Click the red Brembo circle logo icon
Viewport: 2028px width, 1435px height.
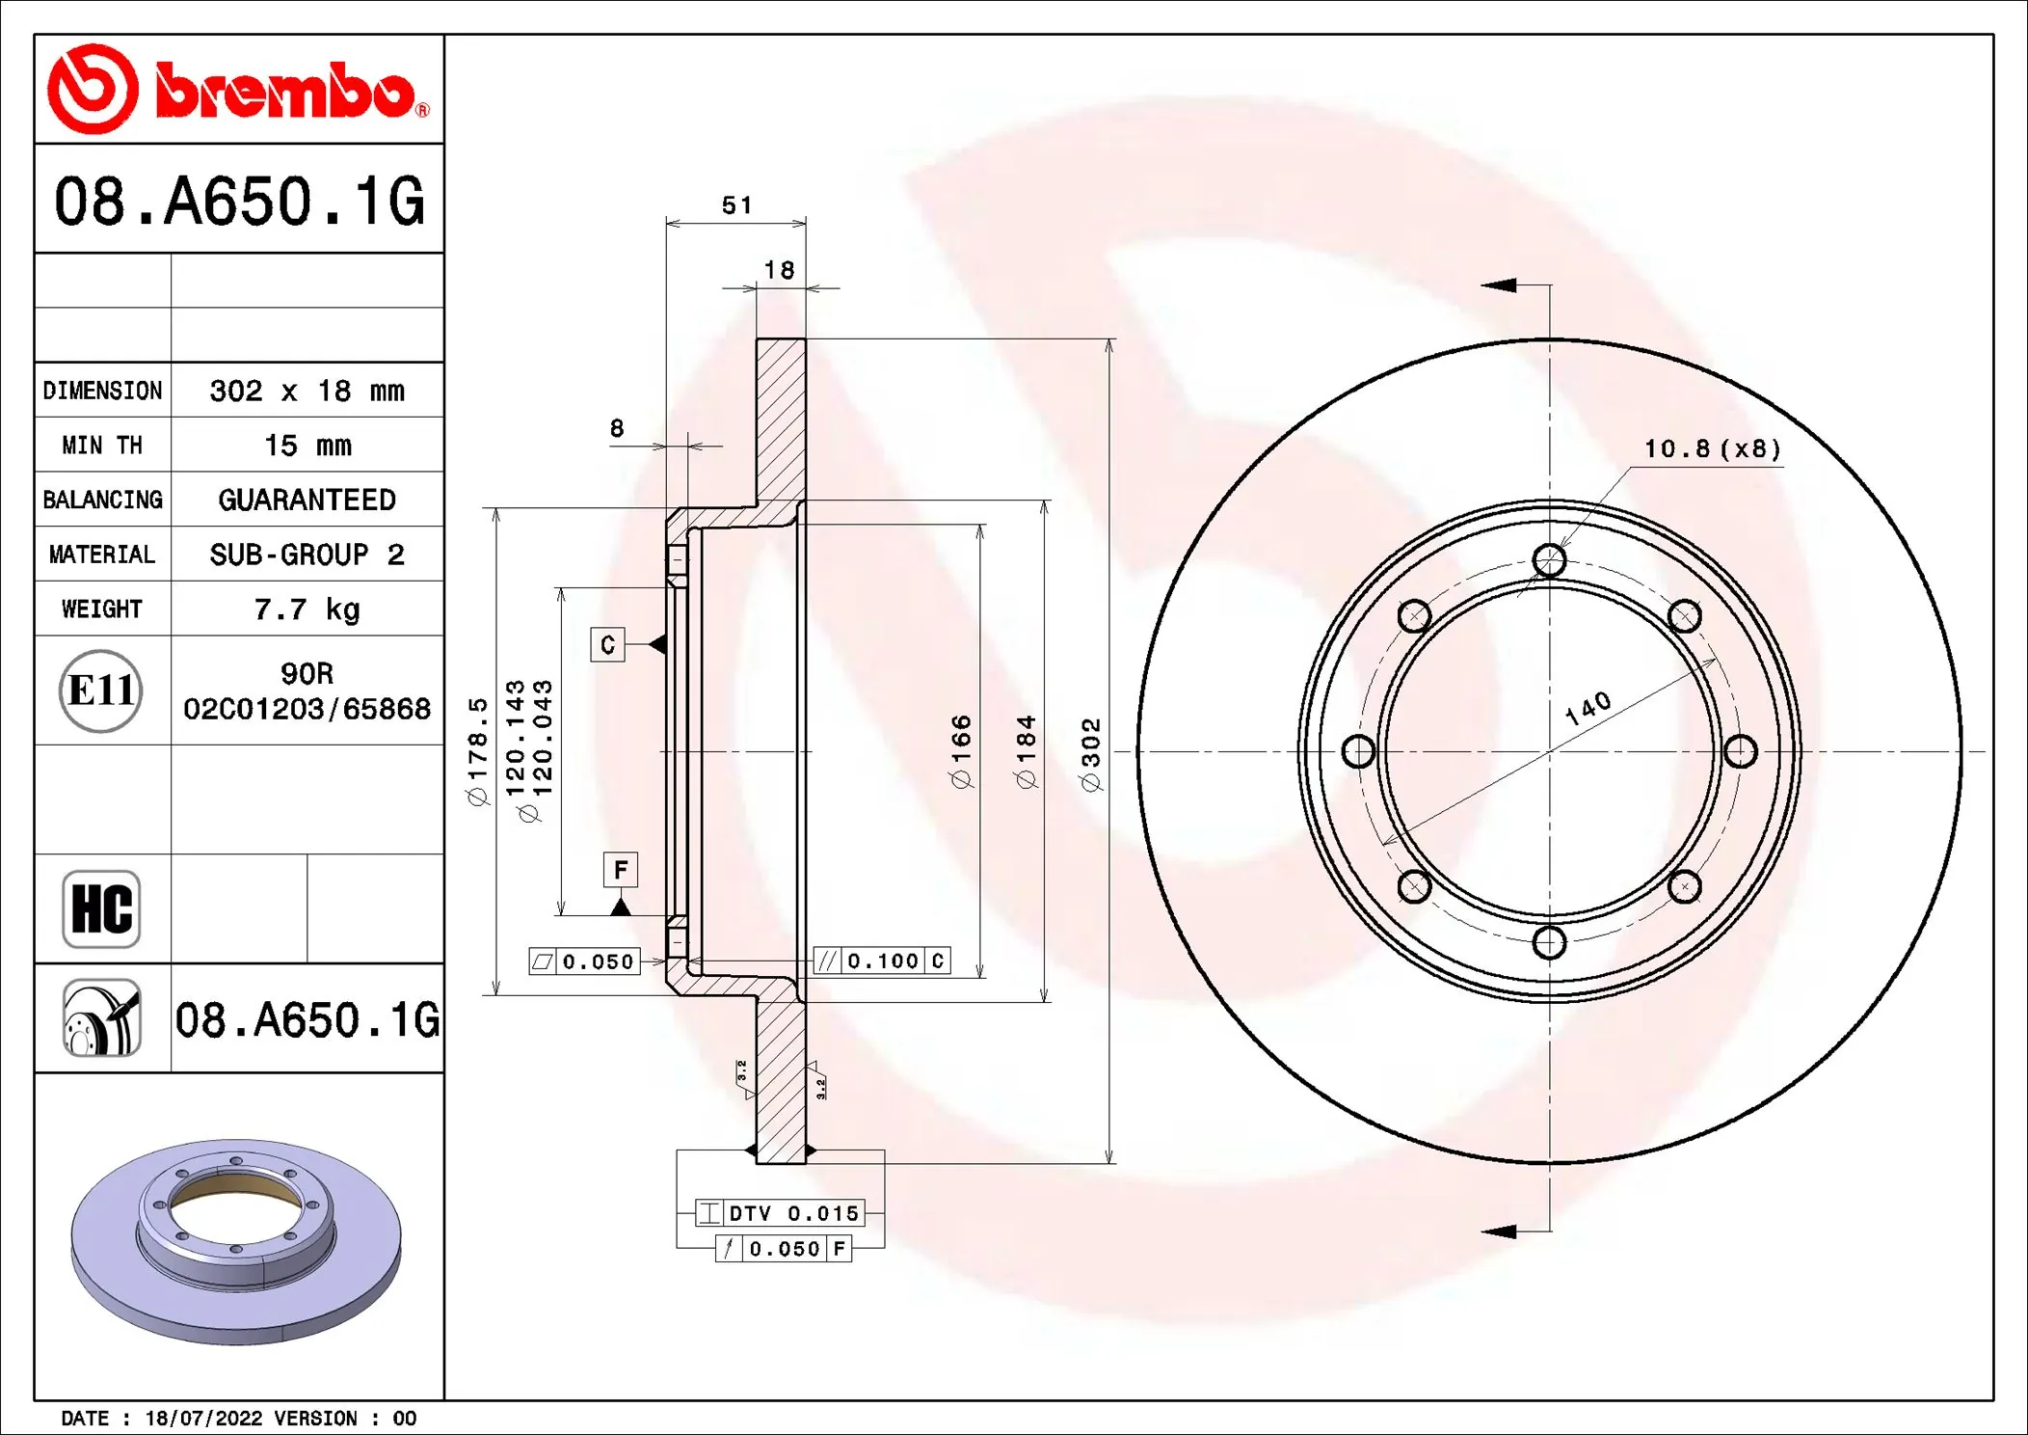click(x=93, y=89)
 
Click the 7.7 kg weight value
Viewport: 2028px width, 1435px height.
click(x=307, y=609)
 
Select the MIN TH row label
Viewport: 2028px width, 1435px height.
click(x=102, y=446)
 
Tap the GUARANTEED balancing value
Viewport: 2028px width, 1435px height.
click(x=307, y=500)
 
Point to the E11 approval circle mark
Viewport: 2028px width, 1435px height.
click(x=101, y=690)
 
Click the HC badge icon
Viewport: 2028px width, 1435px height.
click(x=101, y=908)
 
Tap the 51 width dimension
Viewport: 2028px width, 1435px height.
click(x=736, y=205)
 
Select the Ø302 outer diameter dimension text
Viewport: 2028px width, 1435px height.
click(x=1090, y=754)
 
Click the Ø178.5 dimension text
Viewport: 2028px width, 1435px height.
click(x=478, y=752)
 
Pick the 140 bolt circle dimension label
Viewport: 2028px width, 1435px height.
click(x=1588, y=709)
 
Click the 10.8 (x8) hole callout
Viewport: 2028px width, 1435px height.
click(x=1712, y=449)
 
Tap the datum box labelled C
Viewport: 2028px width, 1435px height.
click(x=607, y=644)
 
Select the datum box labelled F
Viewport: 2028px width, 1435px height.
click(x=621, y=870)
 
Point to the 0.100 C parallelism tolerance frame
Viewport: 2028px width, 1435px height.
click(x=882, y=961)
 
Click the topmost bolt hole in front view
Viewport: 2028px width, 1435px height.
click(x=1549, y=560)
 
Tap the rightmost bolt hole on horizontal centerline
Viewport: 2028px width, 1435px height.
click(x=1740, y=751)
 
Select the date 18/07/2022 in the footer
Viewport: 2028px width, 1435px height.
click(x=203, y=1418)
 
